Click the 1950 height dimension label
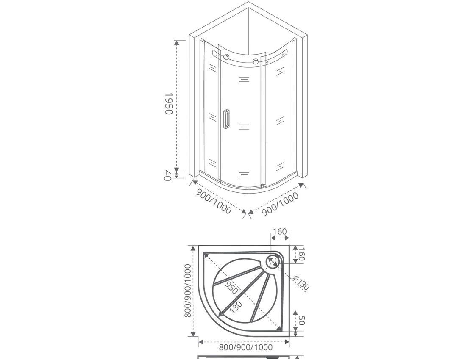pos(168,103)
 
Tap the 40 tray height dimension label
pos(167,175)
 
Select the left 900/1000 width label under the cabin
pos(214,201)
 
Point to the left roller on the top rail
pos(226,57)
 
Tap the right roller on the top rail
pos(256,61)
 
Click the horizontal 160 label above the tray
pos(280,232)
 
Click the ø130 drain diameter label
pos(301,282)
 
